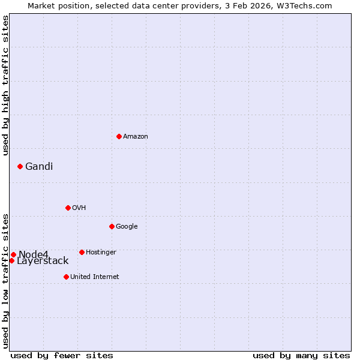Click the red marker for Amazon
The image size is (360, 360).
pos(119,136)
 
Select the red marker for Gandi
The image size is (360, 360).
pos(20,166)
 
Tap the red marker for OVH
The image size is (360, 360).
pos(68,208)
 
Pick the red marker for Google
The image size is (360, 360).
pos(112,226)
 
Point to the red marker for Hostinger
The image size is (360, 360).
pos(82,252)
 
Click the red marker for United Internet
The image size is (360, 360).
pos(66,277)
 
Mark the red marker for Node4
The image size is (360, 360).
pos(13,254)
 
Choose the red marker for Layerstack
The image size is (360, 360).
pos(11,260)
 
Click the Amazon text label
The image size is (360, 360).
pos(136,137)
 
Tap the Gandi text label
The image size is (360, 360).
pos(39,167)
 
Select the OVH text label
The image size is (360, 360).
pos(79,208)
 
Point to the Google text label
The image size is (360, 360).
pos(127,227)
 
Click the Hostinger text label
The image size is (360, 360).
pos(101,253)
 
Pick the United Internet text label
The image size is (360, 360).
pos(95,277)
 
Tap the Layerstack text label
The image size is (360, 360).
pos(43,261)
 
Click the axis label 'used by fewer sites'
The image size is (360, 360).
pos(62,355)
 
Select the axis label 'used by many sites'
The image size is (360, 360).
pos(301,355)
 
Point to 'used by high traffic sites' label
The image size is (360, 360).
pos(6,85)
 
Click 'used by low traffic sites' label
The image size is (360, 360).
pos(6,280)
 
